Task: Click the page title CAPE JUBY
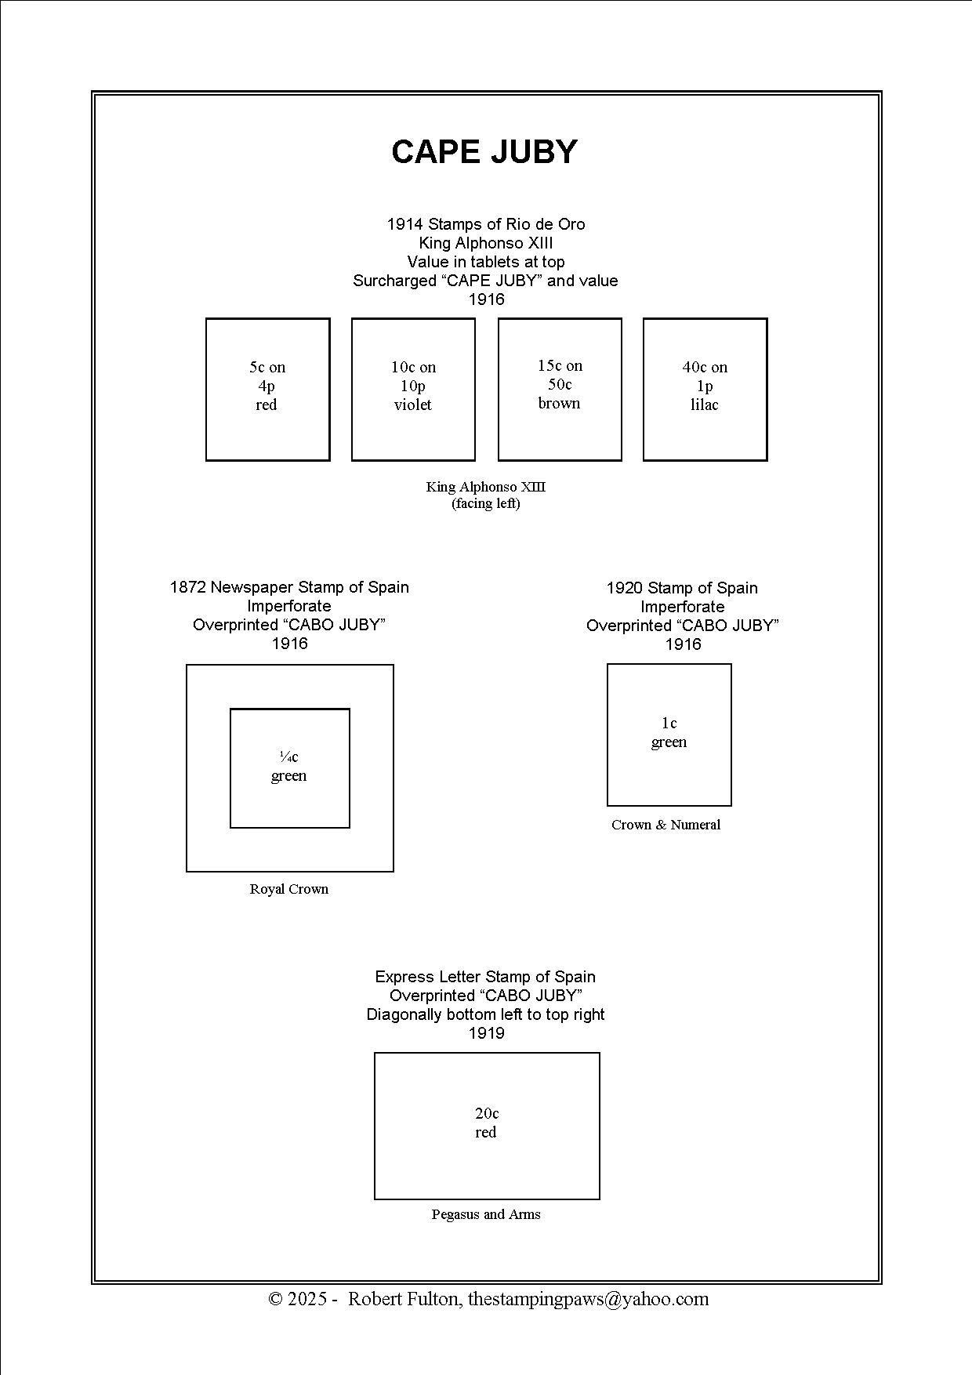coord(484,152)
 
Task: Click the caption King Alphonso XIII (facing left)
coord(486,495)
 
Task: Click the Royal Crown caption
coord(289,889)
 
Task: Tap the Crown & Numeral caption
coord(666,825)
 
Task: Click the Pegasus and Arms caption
coord(486,1214)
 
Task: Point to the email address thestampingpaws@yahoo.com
coord(588,1299)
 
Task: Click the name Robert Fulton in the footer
coord(404,1299)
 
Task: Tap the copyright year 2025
coord(307,1299)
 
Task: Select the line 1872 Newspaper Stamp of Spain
coord(289,587)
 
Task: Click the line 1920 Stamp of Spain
coord(682,588)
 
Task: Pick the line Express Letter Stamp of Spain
coord(485,977)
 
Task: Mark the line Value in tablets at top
coord(486,262)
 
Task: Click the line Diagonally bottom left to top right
coord(486,1014)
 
